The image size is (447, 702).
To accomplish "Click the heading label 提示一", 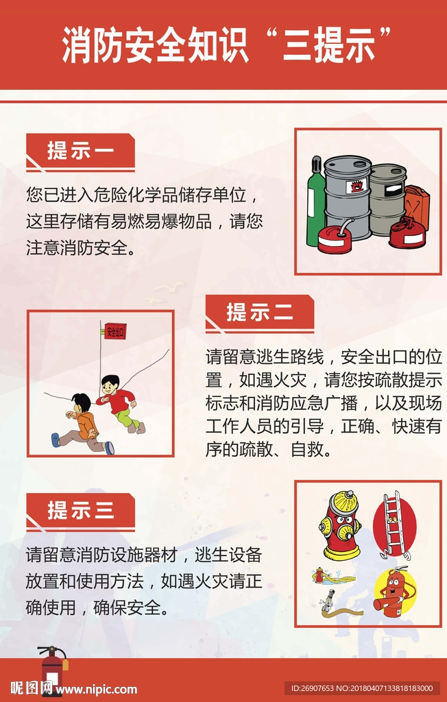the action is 81,150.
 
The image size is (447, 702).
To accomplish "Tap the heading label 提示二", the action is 260,312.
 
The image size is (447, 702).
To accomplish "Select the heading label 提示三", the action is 81,510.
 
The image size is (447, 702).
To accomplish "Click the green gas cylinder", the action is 316,201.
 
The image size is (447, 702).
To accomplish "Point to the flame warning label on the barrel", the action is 357,185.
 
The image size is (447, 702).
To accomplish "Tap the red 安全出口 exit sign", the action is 115,332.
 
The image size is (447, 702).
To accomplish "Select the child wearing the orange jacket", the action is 83,424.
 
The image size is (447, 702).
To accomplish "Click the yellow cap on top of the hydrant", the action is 344,502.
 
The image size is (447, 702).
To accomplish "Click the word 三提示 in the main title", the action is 329,45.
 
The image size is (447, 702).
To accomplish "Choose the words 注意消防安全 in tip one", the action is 77,247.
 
